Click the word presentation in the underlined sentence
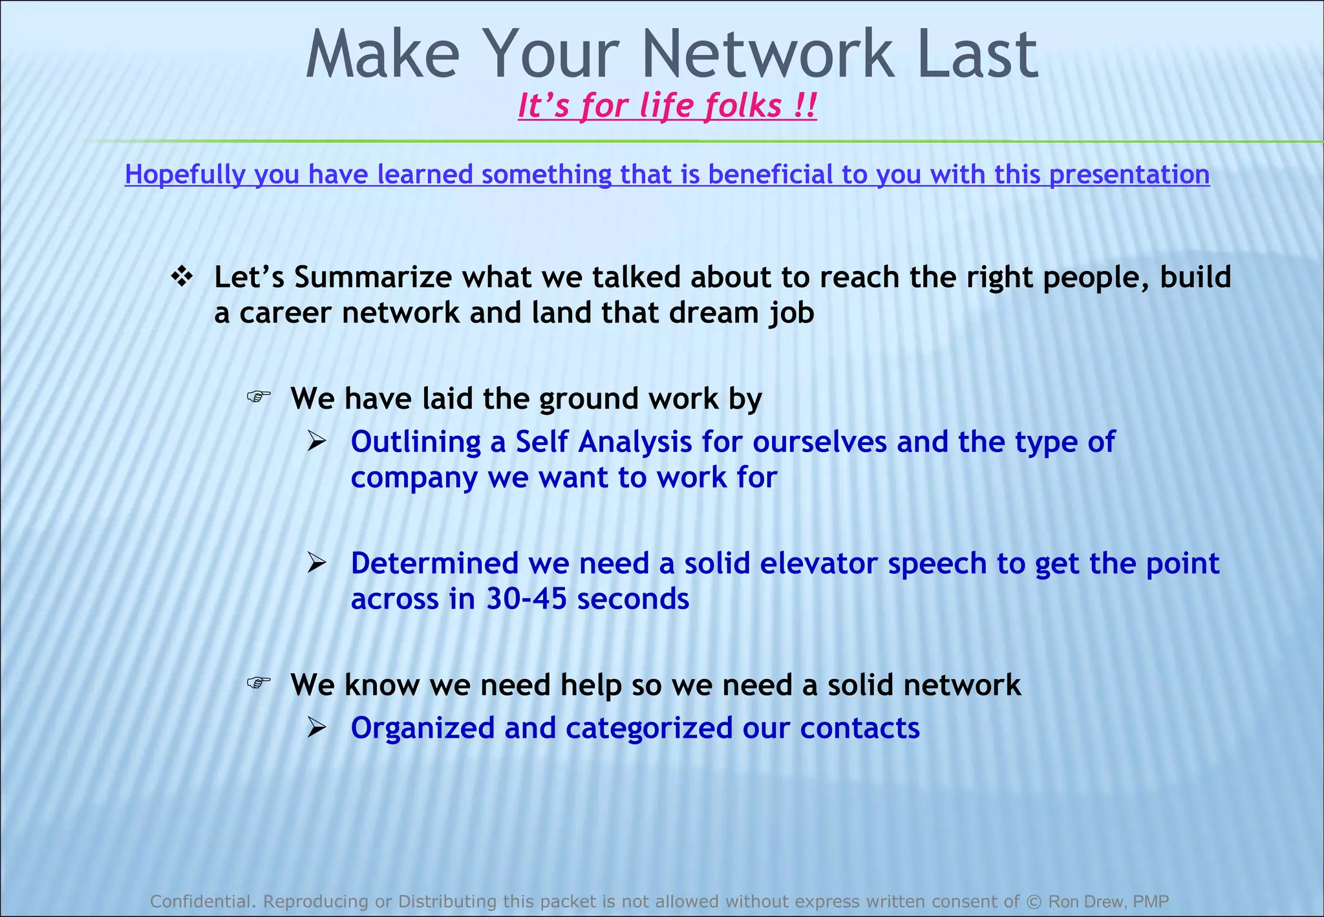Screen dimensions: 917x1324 click(1129, 175)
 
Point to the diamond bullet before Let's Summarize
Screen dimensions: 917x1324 click(182, 277)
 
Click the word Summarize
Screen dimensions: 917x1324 click(373, 277)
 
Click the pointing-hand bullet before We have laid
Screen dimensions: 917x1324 click(259, 396)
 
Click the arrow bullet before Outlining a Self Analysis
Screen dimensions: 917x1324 click(317, 442)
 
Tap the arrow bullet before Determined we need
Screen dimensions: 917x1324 click(317, 563)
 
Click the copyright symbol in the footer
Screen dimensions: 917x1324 click(1034, 901)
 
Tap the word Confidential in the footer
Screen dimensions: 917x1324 click(200, 901)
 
